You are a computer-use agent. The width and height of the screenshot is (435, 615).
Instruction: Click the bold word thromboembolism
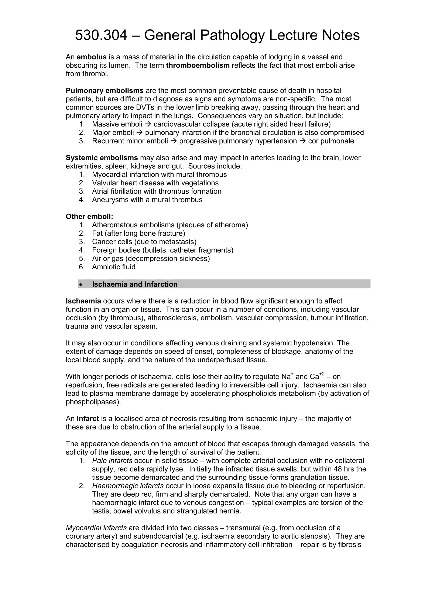click(x=198, y=65)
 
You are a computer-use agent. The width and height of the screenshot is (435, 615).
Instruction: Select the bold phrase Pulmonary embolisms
click(x=105, y=90)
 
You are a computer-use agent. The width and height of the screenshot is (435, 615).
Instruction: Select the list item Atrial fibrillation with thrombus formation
click(x=157, y=191)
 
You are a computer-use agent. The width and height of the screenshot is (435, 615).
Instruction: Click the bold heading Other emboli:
click(x=89, y=217)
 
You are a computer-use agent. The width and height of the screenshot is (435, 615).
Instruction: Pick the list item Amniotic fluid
click(x=114, y=267)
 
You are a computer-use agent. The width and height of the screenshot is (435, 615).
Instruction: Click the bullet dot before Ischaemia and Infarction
click(x=81, y=284)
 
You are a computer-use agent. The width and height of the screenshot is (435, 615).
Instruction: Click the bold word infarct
click(x=88, y=418)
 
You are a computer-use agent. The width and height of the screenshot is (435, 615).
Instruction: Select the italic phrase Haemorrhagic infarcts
click(x=128, y=486)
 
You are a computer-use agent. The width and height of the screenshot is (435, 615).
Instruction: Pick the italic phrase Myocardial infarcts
click(x=96, y=528)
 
